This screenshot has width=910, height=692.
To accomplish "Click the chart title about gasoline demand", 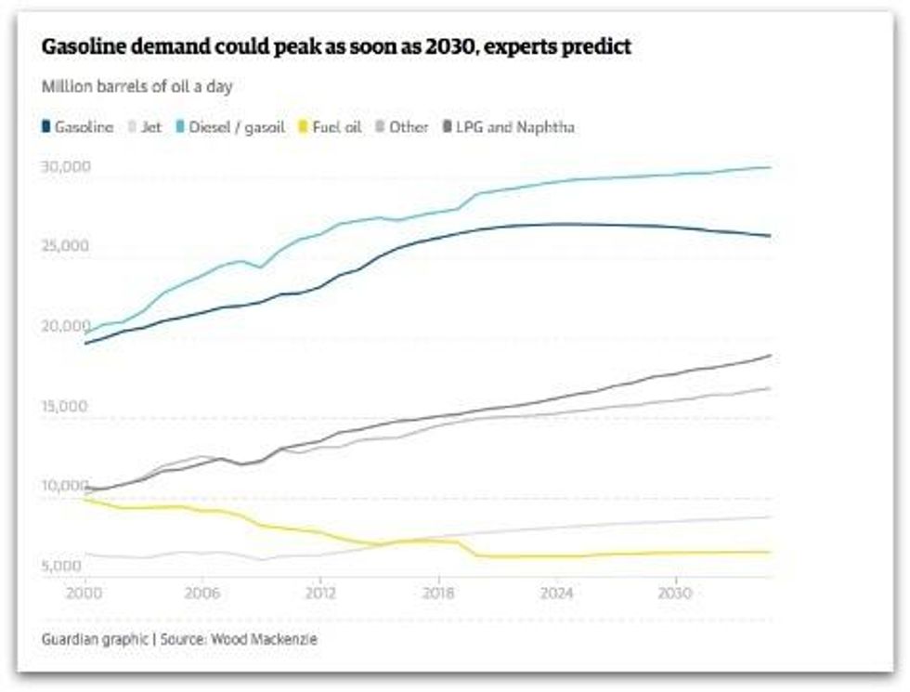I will point(336,46).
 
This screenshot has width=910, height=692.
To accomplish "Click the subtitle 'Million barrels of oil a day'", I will point(136,86).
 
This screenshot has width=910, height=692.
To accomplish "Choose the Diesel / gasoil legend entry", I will point(230,127).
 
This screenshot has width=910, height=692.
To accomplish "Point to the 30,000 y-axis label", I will point(64,166).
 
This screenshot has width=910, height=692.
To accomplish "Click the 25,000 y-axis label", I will point(64,246).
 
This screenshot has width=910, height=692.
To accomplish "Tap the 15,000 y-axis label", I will point(64,406).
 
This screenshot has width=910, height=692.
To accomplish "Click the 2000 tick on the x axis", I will point(84,592).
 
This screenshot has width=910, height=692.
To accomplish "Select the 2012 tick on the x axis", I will point(320,592).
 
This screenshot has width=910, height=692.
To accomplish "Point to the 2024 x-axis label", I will point(557,592).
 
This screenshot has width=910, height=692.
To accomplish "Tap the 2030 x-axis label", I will point(675,592).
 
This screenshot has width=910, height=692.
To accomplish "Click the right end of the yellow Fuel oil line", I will point(770,552).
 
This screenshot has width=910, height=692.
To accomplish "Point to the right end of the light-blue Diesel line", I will point(770,167).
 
